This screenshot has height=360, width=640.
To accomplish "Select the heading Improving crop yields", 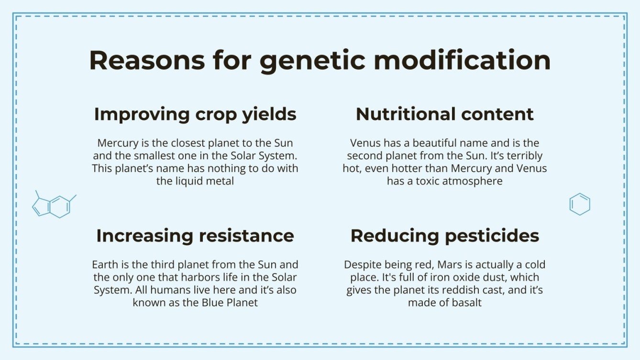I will tap(195, 114).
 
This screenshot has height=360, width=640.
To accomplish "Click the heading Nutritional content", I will tap(445, 114).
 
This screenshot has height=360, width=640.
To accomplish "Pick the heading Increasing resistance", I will tap(195, 236).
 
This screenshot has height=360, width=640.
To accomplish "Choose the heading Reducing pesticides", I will tap(445, 236).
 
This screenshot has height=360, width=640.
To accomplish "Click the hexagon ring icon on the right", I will tap(580, 204).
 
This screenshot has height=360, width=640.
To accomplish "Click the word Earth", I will tap(104, 264).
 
